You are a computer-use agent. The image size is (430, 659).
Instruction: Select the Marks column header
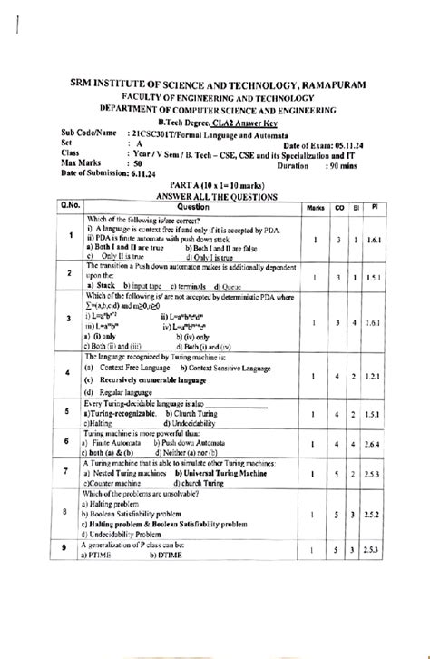[x=316, y=208]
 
